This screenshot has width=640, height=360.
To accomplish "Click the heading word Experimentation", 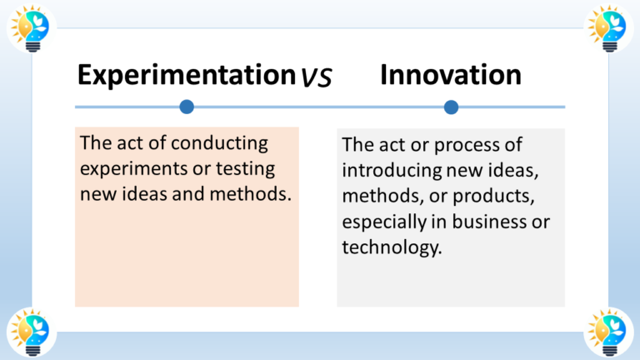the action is coord(187,75).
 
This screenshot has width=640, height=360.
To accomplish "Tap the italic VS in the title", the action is coord(317,77).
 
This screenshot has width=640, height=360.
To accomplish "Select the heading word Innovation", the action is coord(451,75).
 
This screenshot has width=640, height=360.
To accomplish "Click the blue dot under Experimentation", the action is coord(187,107).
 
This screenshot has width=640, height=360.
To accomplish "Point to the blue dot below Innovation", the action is coord(451,107).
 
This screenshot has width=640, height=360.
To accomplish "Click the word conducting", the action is coord(220,143).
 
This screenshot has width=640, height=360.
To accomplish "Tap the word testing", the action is coord(245,169).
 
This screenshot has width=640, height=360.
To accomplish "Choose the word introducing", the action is coord(392,171).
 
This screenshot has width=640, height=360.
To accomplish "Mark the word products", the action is coord(493,197).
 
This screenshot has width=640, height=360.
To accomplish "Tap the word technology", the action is coord(392,247).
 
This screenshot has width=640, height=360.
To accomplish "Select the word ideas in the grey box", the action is coord(515,171).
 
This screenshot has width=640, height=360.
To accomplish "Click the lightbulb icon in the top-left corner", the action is coord(31,27).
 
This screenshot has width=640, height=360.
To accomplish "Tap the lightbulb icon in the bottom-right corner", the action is coord(608,332).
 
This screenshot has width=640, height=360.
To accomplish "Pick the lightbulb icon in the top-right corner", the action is coord(608,27).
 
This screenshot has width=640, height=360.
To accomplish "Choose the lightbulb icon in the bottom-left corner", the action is coord(31,332).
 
